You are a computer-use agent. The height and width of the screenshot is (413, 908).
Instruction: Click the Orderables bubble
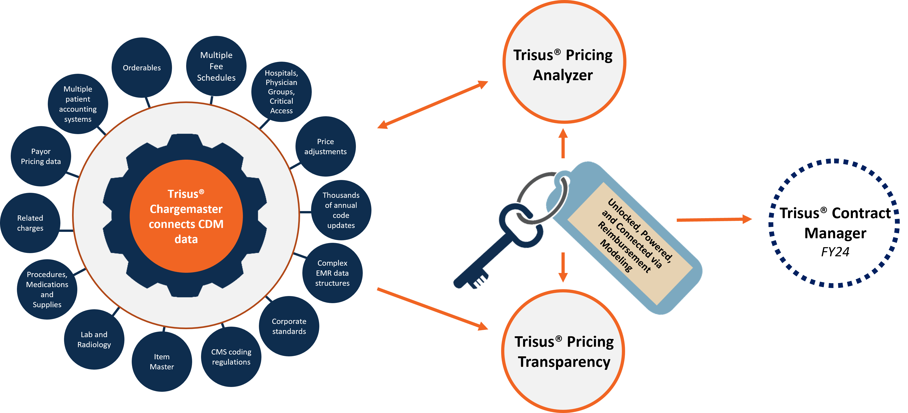coord(142,68)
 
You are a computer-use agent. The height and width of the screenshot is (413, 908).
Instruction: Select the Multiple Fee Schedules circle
coord(216,66)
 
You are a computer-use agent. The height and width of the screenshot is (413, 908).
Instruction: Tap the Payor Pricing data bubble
coord(41,156)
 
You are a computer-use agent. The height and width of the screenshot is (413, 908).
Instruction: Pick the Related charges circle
coord(30,223)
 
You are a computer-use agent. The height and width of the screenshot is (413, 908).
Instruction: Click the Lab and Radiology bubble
coord(94,339)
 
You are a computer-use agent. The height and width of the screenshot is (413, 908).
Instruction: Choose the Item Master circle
coord(162,362)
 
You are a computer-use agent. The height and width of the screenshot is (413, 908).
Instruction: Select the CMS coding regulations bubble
coord(231,357)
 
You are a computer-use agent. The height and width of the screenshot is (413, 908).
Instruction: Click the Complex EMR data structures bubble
coord(332,273)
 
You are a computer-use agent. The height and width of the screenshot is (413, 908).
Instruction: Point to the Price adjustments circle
coord(325,146)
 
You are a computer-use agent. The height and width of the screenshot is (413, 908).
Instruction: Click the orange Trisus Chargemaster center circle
coord(186,216)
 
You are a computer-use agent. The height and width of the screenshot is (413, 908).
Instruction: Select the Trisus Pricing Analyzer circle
coord(564,62)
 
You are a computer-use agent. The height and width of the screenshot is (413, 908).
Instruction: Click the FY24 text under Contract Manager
coord(835,252)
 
